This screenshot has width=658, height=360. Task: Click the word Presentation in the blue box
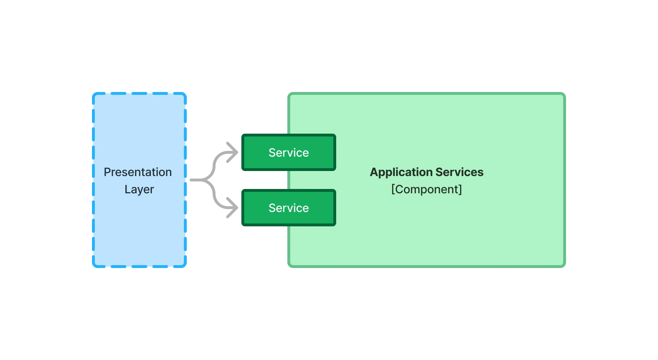pyautogui.click(x=138, y=172)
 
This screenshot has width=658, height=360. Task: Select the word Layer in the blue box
pyautogui.click(x=139, y=189)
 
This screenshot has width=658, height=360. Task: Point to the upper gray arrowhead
pyautogui.click(x=232, y=151)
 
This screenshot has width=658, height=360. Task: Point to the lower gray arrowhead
pyautogui.click(x=232, y=208)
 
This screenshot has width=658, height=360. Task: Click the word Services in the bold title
pyautogui.click(x=459, y=172)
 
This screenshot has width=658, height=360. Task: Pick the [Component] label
pyautogui.click(x=426, y=189)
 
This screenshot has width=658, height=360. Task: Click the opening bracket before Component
pyautogui.click(x=393, y=189)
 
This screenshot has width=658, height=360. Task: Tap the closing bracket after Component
pyautogui.click(x=460, y=189)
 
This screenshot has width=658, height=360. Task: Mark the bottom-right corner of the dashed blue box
pyautogui.click(x=185, y=267)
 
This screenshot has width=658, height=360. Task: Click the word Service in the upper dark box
pyautogui.click(x=288, y=153)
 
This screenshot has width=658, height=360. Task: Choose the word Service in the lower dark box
pyautogui.click(x=288, y=208)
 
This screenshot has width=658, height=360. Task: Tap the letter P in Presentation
pyautogui.click(x=107, y=172)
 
